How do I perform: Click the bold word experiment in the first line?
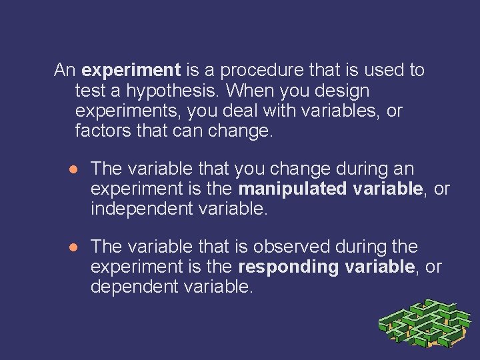[x=131, y=70]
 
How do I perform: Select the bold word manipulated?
[x=290, y=189]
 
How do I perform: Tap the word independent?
[x=142, y=209]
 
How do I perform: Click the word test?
[x=87, y=90]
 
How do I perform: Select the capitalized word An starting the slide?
[x=65, y=70]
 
